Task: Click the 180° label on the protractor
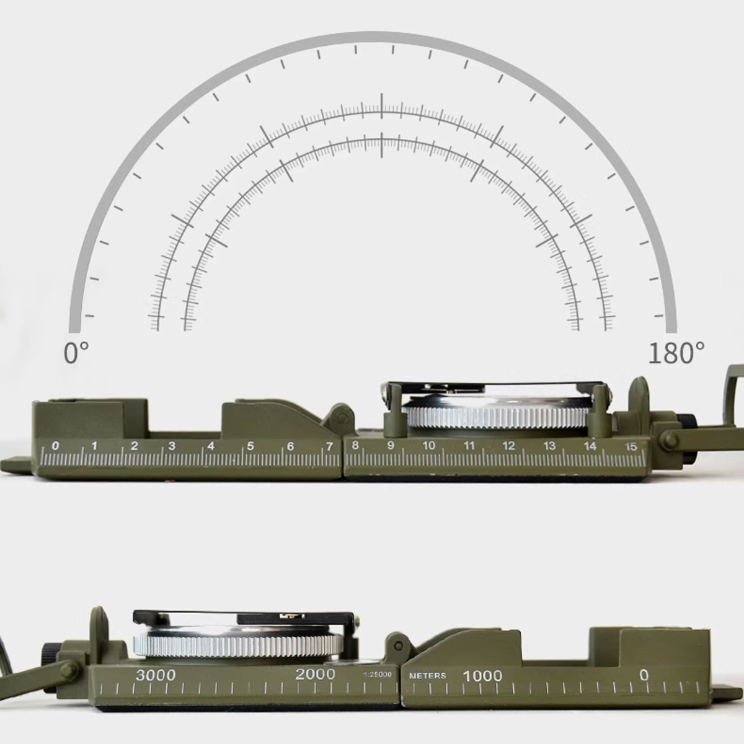pos(676,353)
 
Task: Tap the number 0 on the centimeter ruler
pos(56,446)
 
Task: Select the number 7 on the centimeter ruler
pos(329,446)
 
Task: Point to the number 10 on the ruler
pos(429,446)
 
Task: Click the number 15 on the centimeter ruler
pos(631,446)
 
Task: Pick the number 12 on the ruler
pos(509,446)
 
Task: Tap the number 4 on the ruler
pos(211,446)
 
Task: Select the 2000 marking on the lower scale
pos(315,675)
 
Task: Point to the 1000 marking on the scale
pos(482,675)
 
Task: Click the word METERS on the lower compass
pos(427,676)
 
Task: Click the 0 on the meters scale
pos(644,675)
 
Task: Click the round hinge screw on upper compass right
pos(668,440)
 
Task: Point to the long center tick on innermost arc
pos(381,144)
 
